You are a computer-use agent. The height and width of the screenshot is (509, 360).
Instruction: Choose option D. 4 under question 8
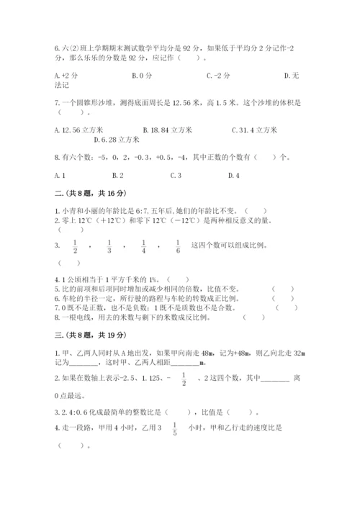pos(233,175)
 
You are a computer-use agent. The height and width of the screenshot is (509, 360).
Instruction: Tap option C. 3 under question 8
pos(176,175)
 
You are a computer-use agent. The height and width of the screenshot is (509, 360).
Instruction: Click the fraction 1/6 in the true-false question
pos(177,246)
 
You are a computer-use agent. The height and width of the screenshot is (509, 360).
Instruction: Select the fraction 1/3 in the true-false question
pos(109,246)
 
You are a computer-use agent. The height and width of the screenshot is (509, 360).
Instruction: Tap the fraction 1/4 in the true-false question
pos(143,246)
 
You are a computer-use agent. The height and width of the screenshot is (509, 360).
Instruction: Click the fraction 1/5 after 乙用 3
pos(153,428)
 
